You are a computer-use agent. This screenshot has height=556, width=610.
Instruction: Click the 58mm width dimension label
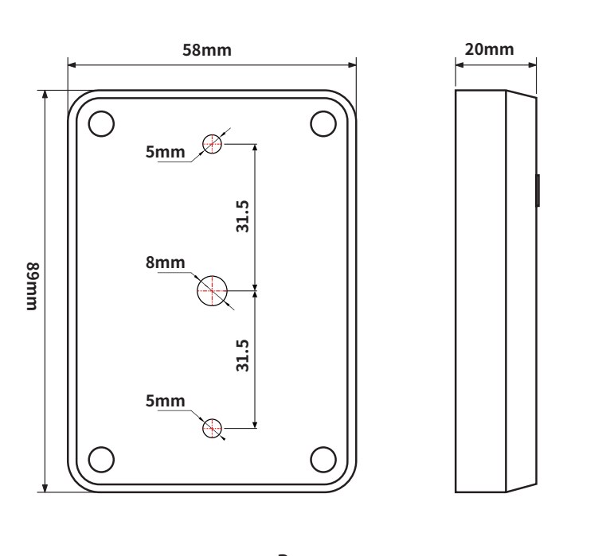[x=207, y=50]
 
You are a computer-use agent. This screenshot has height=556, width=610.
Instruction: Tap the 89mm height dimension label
[x=33, y=286]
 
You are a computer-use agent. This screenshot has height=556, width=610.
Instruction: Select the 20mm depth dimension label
[x=490, y=49]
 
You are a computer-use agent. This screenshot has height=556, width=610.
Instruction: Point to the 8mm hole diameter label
[x=166, y=262]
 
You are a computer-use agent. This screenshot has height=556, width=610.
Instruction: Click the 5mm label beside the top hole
[x=166, y=152]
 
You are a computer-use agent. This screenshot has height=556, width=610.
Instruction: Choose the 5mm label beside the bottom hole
[x=166, y=401]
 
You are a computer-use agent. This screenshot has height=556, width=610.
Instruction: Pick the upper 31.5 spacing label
[x=242, y=216]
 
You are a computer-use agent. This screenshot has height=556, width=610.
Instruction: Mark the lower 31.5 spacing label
[x=242, y=356]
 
